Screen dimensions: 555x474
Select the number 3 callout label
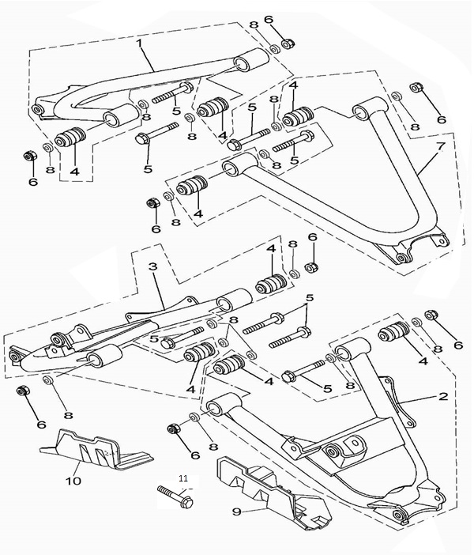click(x=153, y=267)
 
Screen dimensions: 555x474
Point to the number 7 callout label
click(x=441, y=148)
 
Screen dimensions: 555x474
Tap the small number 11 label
click(x=183, y=478)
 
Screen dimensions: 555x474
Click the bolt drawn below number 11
click(x=175, y=498)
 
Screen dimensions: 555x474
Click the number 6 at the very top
click(x=268, y=20)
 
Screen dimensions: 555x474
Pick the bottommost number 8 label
click(x=212, y=446)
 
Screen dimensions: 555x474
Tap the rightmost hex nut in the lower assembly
click(x=431, y=316)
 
